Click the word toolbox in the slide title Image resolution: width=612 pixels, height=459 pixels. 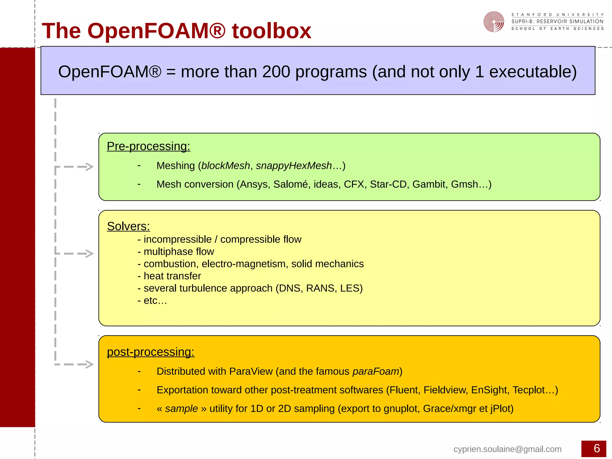coord(271,31)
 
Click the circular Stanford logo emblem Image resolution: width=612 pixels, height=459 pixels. coord(494,22)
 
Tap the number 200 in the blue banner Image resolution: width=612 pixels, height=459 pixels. coord(276,72)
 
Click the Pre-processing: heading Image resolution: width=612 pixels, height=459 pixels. coord(149,146)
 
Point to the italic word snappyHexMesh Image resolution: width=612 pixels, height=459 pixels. coord(294,166)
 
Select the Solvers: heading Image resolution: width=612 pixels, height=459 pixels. coord(128,226)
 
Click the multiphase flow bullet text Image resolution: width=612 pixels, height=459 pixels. coord(179,252)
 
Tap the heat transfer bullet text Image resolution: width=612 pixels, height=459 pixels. coord(172,276)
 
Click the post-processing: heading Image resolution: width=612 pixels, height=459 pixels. coord(151,352)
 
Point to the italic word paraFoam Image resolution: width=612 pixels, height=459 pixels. coord(376,371)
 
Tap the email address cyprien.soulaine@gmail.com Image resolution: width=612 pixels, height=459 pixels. coord(507,449)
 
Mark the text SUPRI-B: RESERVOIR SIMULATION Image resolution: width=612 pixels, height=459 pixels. coord(557,22)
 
